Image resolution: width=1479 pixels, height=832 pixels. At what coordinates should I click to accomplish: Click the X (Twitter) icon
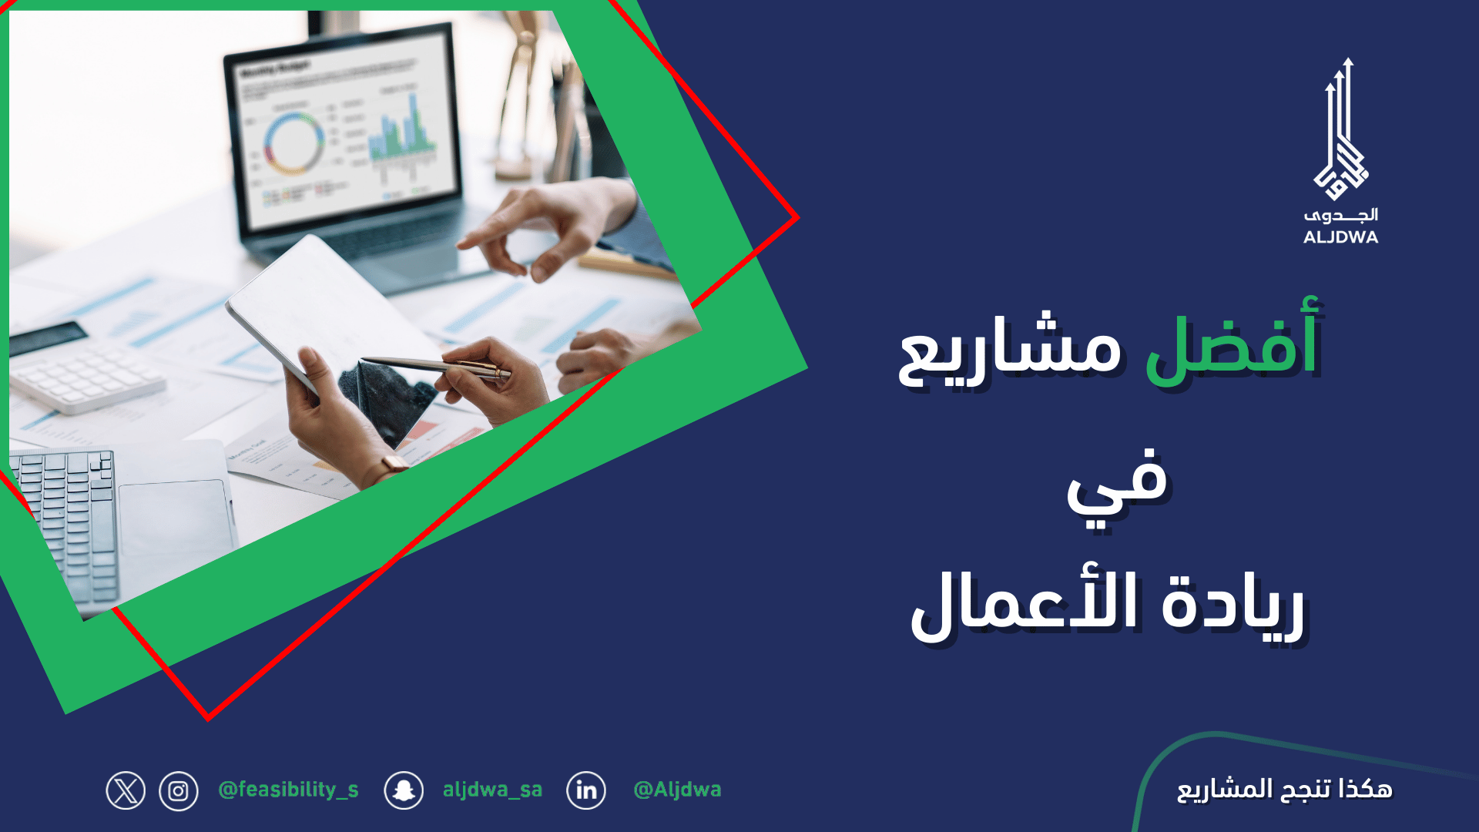[x=126, y=790]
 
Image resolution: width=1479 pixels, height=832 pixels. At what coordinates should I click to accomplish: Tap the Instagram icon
[x=179, y=791]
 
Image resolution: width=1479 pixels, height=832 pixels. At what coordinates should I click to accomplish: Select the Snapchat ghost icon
[x=404, y=790]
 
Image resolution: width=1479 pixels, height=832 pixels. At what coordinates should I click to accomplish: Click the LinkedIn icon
[x=586, y=790]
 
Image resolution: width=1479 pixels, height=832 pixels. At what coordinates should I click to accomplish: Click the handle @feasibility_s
[x=289, y=790]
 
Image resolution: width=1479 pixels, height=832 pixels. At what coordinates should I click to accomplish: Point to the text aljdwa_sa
[x=493, y=790]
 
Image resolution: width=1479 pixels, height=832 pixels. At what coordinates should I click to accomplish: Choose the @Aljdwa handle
[x=677, y=790]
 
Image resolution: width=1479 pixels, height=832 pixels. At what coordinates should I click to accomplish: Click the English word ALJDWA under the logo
[x=1341, y=237]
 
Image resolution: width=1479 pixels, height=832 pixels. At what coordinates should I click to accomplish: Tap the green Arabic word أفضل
[x=1233, y=344]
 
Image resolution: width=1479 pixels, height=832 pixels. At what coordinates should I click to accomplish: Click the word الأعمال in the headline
[x=1024, y=605]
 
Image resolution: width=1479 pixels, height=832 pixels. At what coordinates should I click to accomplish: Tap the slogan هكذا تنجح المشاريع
[x=1285, y=790]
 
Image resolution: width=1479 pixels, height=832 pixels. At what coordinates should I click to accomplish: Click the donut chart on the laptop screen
[x=293, y=143]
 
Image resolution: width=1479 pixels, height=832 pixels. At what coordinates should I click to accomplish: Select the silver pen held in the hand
[x=436, y=367]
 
